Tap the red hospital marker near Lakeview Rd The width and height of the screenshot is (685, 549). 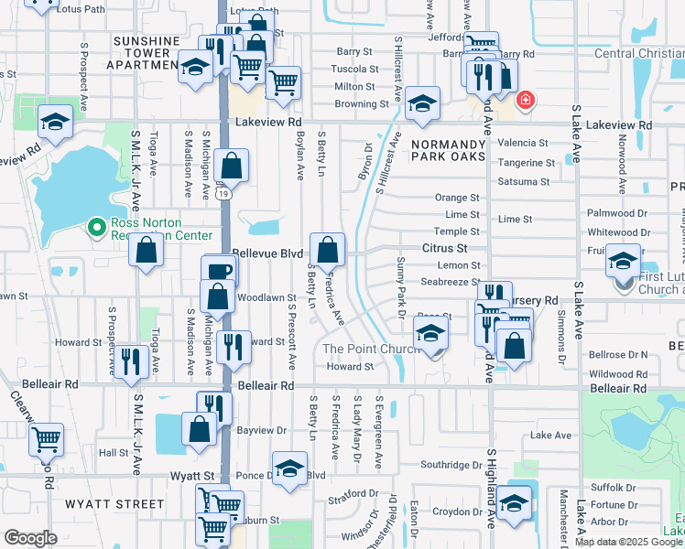coord(525,100)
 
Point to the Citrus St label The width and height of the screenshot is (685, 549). coord(445,248)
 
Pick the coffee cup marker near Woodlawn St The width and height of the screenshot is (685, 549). coord(219,272)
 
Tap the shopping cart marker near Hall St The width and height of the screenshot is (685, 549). coord(46,439)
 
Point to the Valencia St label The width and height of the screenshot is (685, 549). coord(523,144)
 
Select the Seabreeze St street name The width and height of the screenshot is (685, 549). coord(451,282)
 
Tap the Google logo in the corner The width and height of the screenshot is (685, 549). coord(30,538)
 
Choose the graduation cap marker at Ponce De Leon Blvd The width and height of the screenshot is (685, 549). coord(289,468)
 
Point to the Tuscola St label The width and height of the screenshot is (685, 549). coord(355,70)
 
